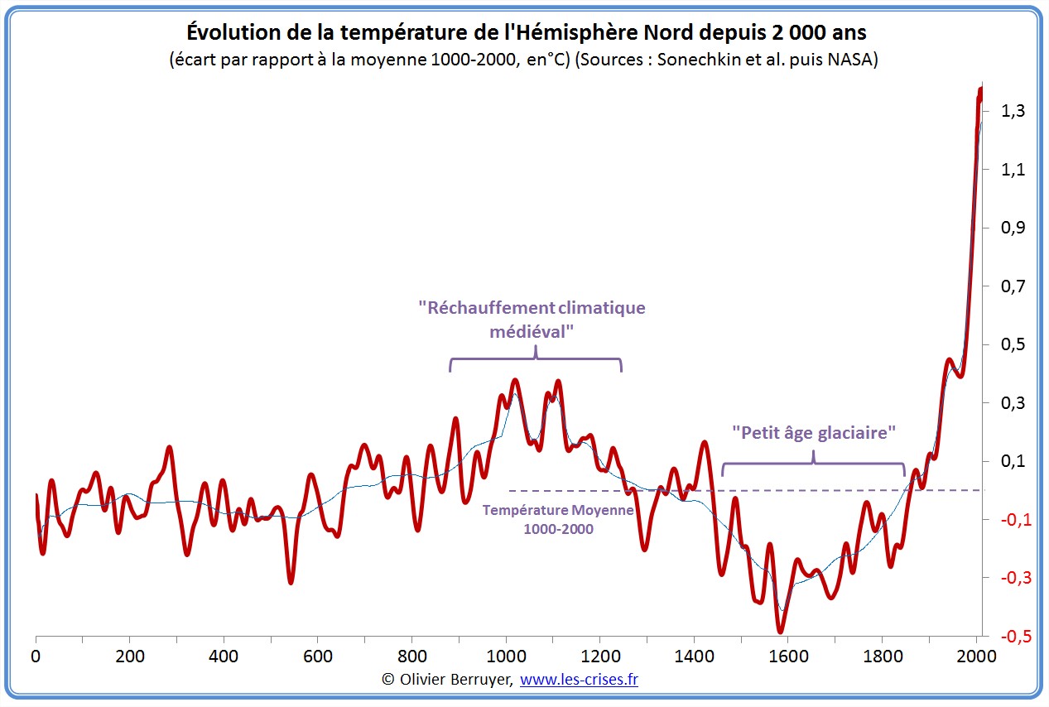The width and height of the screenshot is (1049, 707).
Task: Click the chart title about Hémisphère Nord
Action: pyautogui.click(x=526, y=31)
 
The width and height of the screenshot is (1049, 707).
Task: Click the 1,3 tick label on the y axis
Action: pyautogui.click(x=1012, y=111)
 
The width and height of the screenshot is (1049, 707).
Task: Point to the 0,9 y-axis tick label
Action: pyautogui.click(x=1012, y=228)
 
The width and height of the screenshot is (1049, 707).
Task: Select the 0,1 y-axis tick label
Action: pyautogui.click(x=1012, y=461)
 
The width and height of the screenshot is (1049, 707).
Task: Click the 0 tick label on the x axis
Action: pyautogui.click(x=36, y=656)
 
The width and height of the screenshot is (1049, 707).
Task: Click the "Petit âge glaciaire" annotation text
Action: pyautogui.click(x=814, y=432)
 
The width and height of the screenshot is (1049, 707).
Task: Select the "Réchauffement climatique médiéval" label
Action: pyautogui.click(x=532, y=319)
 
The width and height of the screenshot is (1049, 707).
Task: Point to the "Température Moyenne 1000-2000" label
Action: pyautogui.click(x=558, y=520)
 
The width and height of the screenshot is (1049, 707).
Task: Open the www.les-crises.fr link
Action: pyautogui.click(x=579, y=680)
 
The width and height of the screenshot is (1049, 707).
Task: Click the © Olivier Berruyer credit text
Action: pyautogui.click(x=447, y=680)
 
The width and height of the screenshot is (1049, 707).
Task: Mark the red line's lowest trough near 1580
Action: pyautogui.click(x=781, y=631)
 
